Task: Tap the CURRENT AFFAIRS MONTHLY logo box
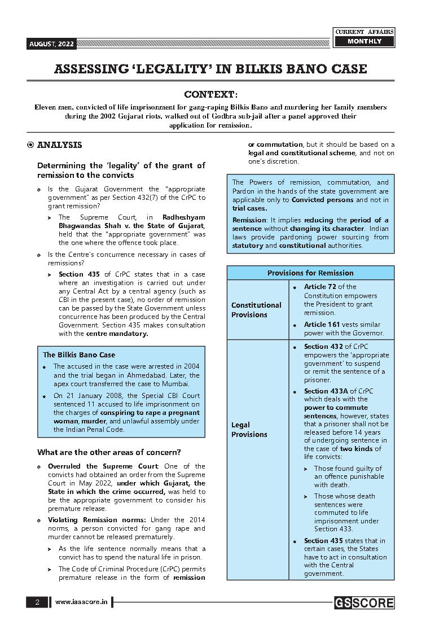click(x=364, y=37)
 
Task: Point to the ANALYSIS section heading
click(x=59, y=145)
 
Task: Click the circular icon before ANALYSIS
click(x=30, y=145)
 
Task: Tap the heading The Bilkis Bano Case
click(x=79, y=355)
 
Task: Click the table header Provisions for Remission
click(x=310, y=273)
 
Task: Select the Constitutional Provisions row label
click(x=256, y=310)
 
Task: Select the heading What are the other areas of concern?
click(x=109, y=452)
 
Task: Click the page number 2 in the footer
click(x=37, y=602)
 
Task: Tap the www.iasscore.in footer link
click(x=81, y=602)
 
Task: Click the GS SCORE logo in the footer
click(x=363, y=603)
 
